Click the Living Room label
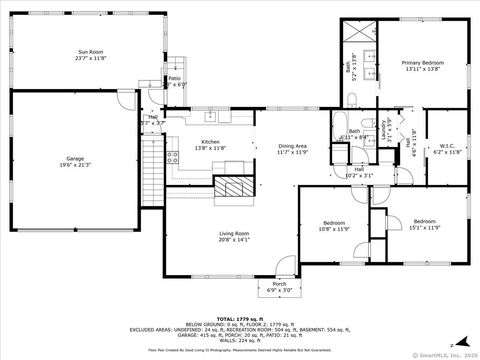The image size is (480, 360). [234, 237]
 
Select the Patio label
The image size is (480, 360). [174, 81]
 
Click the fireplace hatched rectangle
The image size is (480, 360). [236, 187]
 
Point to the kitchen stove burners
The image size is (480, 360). [173, 155]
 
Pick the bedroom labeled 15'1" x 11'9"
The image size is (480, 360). [425, 224]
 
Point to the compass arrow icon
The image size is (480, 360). [451, 344]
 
